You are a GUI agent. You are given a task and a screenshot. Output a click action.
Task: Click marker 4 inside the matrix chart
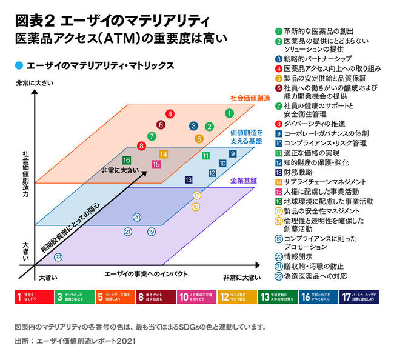click(170, 113)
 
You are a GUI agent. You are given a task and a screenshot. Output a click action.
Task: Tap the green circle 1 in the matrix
click(229, 113)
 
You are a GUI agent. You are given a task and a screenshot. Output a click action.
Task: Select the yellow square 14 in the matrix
click(164, 154)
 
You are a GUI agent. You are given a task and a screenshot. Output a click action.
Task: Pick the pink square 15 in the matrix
click(156, 164)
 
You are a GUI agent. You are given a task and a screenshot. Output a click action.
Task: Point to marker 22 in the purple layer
click(58, 257)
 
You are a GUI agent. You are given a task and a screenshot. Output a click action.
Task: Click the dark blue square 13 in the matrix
click(189, 179)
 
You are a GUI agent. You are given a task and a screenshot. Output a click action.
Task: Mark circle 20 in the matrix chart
click(137, 217)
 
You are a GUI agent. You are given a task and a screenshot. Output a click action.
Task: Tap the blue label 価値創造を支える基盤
click(246, 136)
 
